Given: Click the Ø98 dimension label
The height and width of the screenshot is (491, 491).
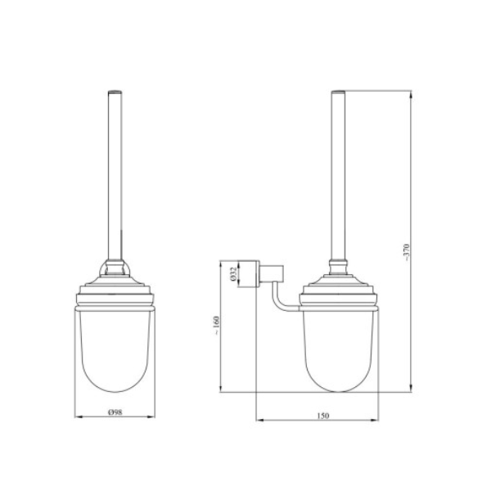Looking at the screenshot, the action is [x=115, y=412].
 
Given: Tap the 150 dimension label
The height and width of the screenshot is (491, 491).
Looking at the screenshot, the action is [x=323, y=416].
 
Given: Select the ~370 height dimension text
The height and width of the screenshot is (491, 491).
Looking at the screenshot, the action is [x=407, y=253].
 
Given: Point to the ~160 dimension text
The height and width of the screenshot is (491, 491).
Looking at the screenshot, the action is [x=217, y=326].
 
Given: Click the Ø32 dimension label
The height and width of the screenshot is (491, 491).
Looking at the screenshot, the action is [x=232, y=273].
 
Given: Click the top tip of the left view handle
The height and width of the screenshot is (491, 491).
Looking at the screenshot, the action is [x=115, y=91].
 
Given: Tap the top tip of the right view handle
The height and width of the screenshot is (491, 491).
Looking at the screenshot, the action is [x=338, y=91].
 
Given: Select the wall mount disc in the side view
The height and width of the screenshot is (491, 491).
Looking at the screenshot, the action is [x=248, y=273].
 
